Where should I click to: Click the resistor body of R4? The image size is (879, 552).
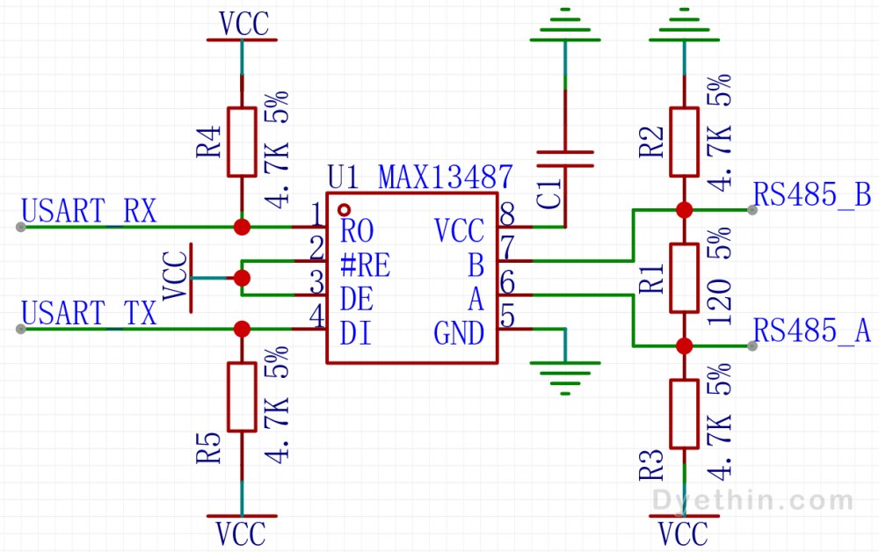click(242, 142)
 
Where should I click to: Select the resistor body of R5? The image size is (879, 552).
click(242, 396)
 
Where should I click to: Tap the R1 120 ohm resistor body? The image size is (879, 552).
click(684, 278)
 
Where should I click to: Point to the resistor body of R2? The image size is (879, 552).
click(684, 142)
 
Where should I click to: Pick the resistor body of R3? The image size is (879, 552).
click(684, 414)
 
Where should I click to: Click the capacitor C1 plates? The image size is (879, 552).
click(565, 158)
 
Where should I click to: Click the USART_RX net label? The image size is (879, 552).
click(89, 211)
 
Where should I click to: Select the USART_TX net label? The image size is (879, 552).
click(89, 313)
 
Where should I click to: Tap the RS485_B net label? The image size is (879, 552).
click(811, 195)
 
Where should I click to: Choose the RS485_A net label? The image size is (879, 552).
click(811, 330)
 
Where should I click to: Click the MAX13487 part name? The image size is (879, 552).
click(446, 177)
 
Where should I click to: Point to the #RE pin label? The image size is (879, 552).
click(365, 265)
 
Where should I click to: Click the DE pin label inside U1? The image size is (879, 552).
click(357, 299)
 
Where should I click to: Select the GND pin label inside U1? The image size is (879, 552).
click(459, 334)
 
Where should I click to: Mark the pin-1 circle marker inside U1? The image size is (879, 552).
click(345, 210)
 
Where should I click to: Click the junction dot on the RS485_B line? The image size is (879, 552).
click(684, 210)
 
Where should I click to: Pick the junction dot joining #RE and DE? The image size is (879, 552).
click(242, 278)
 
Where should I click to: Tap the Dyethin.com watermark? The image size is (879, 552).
click(753, 500)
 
